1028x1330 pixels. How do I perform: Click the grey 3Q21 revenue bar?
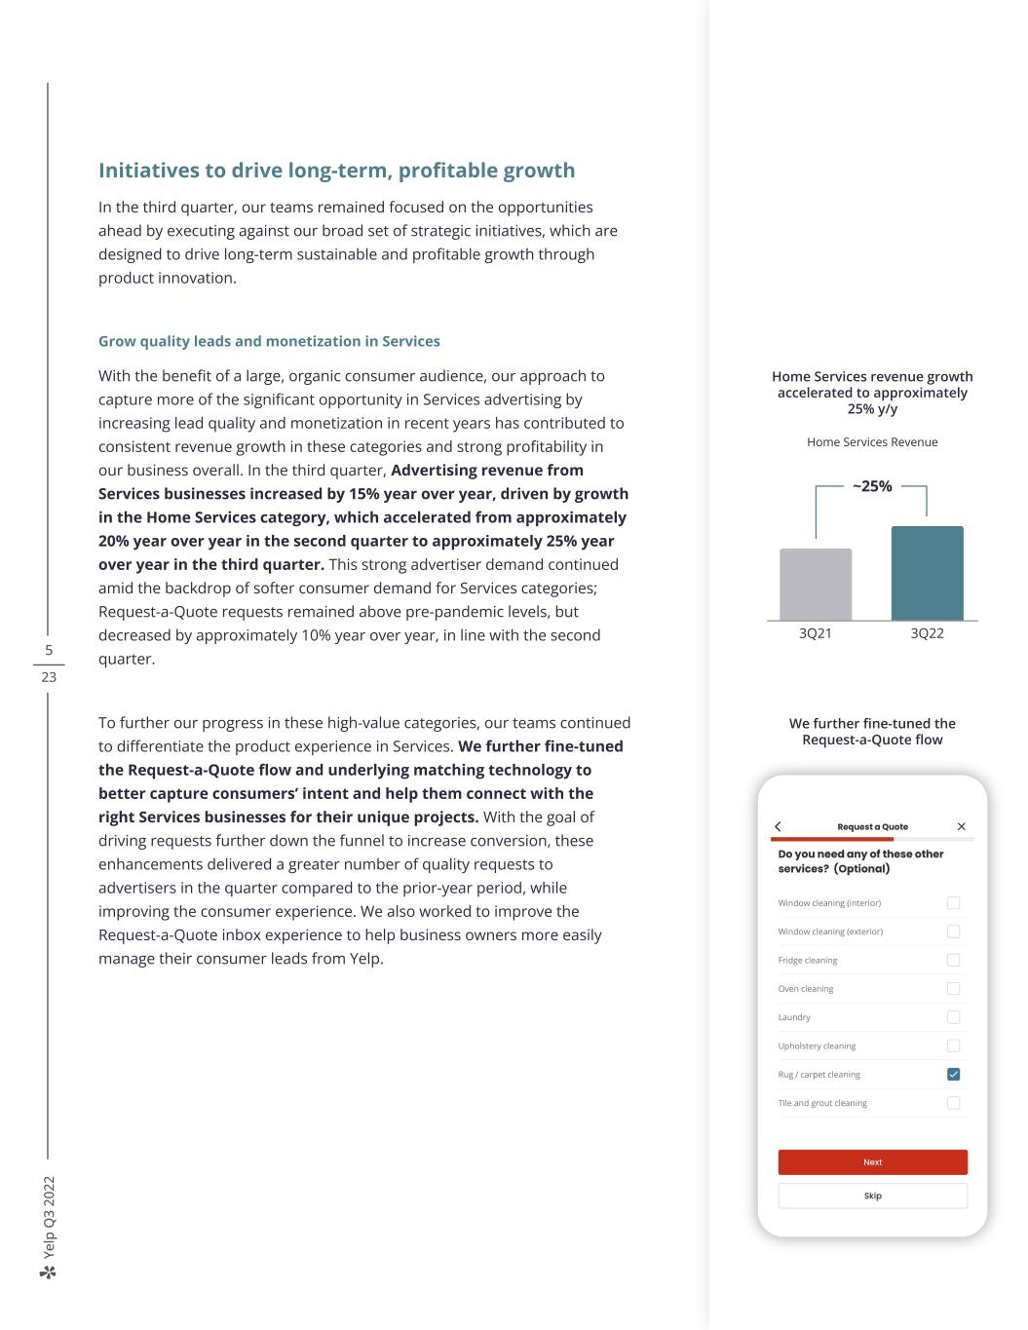816,585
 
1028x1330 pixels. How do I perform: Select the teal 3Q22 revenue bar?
927,573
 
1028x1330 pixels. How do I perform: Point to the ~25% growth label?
872,486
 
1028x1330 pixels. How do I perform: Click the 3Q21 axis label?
816,633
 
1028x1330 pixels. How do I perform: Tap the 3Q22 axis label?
927,633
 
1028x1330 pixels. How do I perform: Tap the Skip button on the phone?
872,1196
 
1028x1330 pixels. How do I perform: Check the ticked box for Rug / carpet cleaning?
953,1074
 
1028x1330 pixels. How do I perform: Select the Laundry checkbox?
953,1017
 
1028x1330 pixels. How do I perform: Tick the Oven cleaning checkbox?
953,988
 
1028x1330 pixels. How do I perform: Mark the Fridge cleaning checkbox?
953,960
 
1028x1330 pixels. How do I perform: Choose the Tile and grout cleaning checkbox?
953,1103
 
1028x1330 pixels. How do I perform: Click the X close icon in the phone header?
962,826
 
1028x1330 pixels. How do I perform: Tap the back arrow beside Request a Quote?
778,826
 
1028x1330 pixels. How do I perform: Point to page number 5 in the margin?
49,650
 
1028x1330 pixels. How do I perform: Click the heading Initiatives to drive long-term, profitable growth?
336,171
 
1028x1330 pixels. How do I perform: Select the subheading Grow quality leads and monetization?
269,341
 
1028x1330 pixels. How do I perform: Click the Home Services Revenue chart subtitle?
872,442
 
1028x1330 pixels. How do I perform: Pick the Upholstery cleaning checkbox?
953,1045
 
